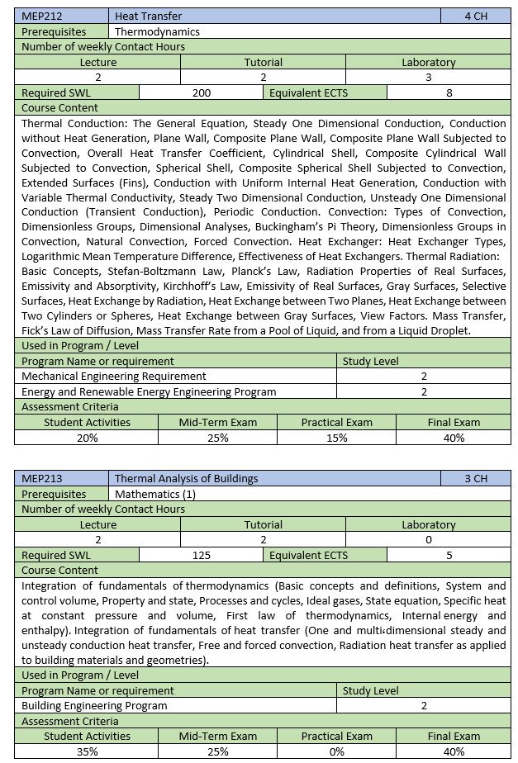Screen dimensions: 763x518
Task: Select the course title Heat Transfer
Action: pos(149,16)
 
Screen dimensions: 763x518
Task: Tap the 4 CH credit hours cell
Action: pos(476,16)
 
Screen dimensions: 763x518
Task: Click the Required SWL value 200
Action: pos(201,93)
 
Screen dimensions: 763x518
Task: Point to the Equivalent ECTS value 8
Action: pos(449,93)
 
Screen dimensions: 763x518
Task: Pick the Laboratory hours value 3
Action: pos(428,78)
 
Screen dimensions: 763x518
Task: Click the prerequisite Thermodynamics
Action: pos(157,31)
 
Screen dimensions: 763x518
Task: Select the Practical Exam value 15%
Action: pos(336,438)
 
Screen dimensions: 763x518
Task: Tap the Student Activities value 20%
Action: pos(87,438)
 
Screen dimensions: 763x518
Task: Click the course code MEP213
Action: pos(43,478)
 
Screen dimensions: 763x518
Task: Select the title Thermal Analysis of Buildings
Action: pos(186,478)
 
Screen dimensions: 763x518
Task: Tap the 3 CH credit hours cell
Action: pos(476,478)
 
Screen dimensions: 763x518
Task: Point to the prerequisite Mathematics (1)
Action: pos(149,494)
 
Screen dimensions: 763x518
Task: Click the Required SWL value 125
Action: pos(201,556)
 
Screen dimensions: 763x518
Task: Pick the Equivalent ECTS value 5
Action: pos(449,556)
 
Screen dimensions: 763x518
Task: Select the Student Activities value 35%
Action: pos(87,751)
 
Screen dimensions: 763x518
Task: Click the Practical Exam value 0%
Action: pos(336,751)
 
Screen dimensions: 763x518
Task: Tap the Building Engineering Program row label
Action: pos(94,705)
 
